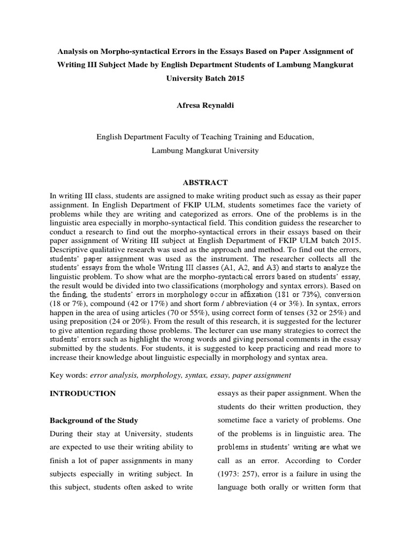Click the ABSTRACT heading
(205, 182)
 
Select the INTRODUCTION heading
(82, 393)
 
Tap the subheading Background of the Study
(94, 420)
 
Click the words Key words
(67, 375)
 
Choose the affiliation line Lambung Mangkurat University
(205, 150)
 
